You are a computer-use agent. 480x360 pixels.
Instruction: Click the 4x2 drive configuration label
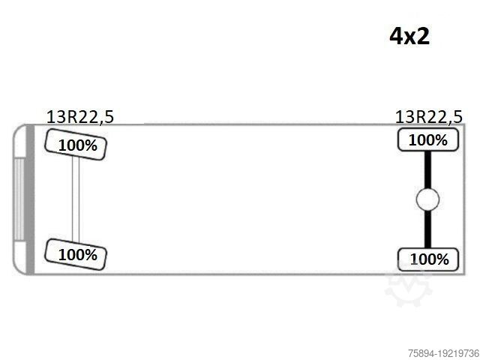409,36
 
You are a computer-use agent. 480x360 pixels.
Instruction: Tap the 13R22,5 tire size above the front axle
80,117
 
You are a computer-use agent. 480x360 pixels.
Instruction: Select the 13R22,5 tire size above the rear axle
428,117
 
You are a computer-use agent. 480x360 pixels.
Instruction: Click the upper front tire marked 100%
76,145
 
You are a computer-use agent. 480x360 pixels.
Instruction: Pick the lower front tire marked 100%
76,254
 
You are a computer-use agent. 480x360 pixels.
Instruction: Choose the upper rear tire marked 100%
428,140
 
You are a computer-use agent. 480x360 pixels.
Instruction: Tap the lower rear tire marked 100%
428,259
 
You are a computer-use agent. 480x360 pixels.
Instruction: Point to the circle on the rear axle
427,199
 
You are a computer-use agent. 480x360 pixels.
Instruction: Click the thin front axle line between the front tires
76,199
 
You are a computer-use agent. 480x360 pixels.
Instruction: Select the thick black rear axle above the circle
427,169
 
